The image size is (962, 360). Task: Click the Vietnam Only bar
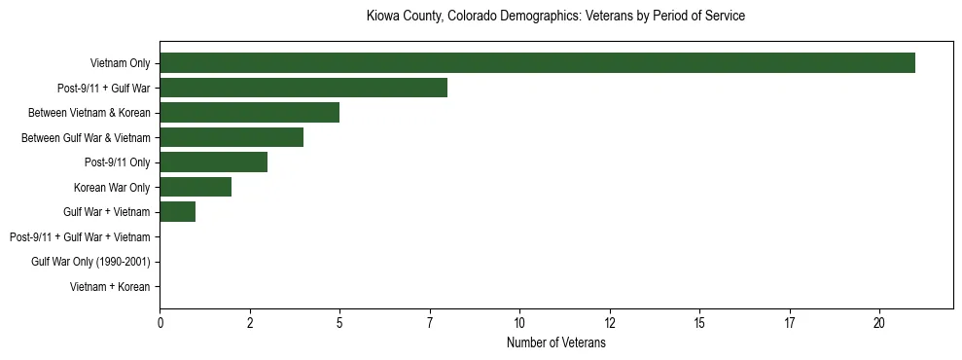pyautogui.click(x=537, y=63)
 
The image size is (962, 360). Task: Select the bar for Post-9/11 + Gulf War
pyautogui.click(x=303, y=88)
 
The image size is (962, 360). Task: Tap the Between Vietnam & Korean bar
pyautogui.click(x=249, y=113)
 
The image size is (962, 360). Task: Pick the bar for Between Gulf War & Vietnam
pyautogui.click(x=232, y=137)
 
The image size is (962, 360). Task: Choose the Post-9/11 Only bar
pyautogui.click(x=213, y=162)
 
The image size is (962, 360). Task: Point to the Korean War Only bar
pyautogui.click(x=196, y=187)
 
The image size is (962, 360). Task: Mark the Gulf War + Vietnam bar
pyautogui.click(x=177, y=212)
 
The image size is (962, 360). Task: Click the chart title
pyautogui.click(x=555, y=17)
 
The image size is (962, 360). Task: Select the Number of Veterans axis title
pyautogui.click(x=555, y=342)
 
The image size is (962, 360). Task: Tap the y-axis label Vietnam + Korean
pyautogui.click(x=110, y=287)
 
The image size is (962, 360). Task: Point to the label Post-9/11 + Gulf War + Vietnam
pyautogui.click(x=80, y=237)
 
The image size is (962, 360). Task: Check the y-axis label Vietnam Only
pyautogui.click(x=120, y=63)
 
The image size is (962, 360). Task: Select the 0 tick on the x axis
pyautogui.click(x=160, y=323)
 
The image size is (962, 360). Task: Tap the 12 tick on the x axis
pyautogui.click(x=610, y=323)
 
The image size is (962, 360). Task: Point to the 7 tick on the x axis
pyautogui.click(x=430, y=323)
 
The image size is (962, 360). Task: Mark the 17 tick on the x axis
pyautogui.click(x=790, y=323)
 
